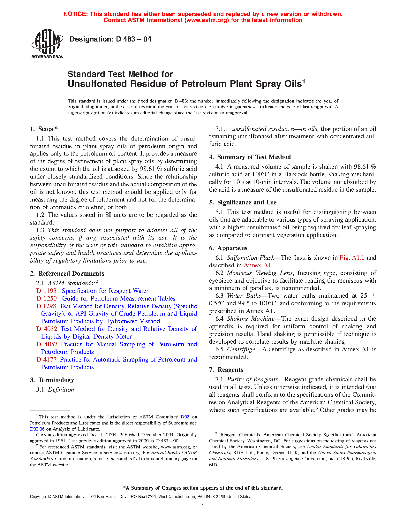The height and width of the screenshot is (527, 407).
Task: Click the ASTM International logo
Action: tap(47, 44)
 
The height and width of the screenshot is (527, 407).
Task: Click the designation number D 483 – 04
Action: tap(110, 39)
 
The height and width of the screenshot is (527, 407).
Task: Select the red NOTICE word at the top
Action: tap(75, 14)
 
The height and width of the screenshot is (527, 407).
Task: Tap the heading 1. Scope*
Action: tap(44, 129)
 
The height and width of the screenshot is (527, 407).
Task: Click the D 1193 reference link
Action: tap(47, 291)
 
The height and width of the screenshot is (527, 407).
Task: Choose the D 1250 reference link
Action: tap(47, 299)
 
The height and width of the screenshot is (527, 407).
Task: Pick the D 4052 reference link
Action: tap(47, 329)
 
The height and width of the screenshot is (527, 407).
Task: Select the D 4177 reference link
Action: tap(47, 360)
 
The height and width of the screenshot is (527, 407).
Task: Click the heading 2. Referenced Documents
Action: tap(67, 274)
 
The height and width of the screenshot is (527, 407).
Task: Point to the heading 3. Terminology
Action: tap(52, 380)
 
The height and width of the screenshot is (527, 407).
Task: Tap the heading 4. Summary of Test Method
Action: tap(250, 157)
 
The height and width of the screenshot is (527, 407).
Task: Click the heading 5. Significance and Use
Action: tap(243, 202)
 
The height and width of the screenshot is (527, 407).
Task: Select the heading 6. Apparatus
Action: tap(228, 248)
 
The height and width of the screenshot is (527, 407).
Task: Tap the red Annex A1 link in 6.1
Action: tap(258, 265)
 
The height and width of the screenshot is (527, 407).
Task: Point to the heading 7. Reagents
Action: tap(226, 370)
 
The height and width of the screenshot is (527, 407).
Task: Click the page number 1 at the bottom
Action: tap(203, 506)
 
